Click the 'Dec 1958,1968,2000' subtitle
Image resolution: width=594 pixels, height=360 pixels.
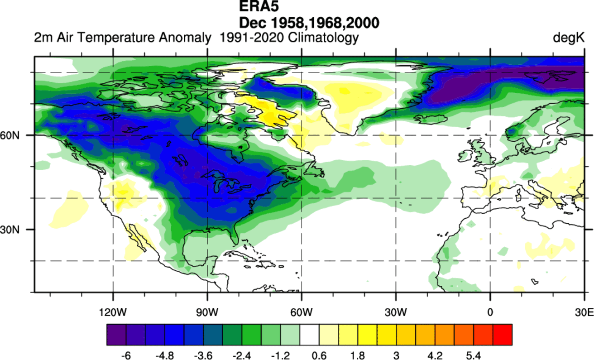pos(309,22)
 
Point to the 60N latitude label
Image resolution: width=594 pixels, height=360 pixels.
pos(20,135)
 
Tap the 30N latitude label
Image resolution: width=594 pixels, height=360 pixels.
pos(20,230)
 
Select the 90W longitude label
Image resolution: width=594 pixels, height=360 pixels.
pos(207,312)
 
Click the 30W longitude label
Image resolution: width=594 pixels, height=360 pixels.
pos(396,312)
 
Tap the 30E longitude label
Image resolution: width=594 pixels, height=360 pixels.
pos(584,312)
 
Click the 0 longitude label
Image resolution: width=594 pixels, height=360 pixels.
pos(490,312)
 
